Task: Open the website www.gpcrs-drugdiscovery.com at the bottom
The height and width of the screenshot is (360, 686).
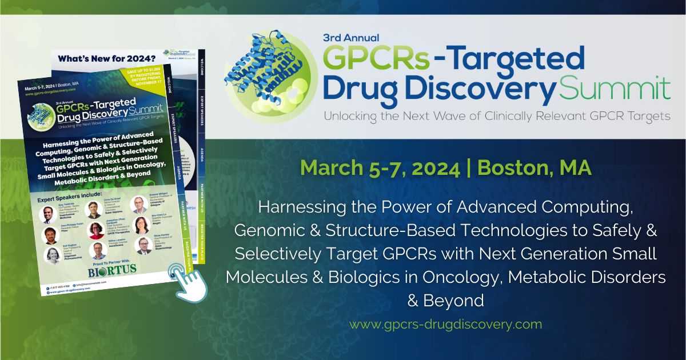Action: [x=445, y=325]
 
